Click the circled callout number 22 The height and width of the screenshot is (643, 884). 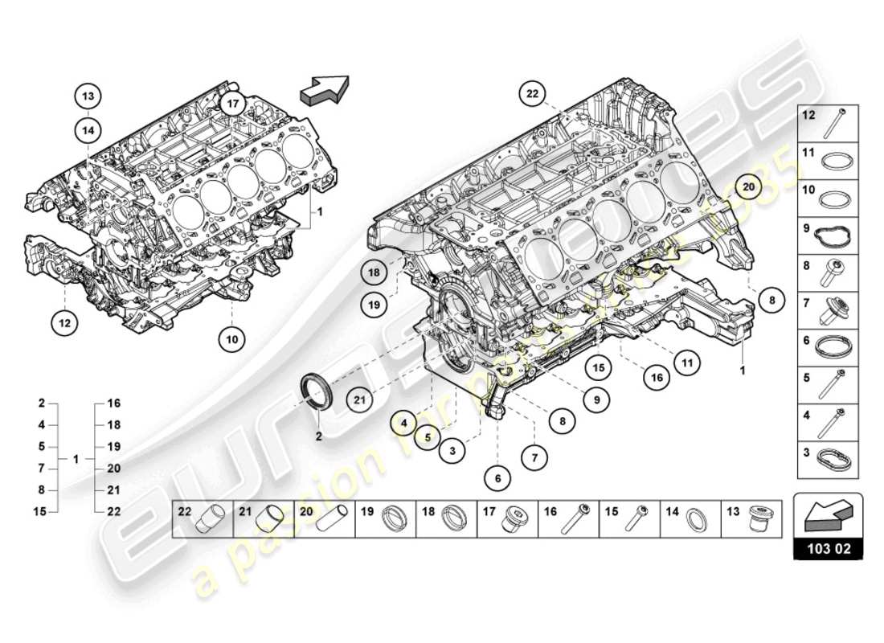pyautogui.click(x=531, y=94)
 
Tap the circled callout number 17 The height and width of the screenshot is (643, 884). pyautogui.click(x=233, y=104)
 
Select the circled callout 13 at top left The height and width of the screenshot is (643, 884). pyautogui.click(x=88, y=96)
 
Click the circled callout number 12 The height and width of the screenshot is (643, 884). pyautogui.click(x=64, y=323)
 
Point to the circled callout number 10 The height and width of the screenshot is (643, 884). pyautogui.click(x=231, y=339)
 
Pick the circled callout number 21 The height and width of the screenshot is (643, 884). pyautogui.click(x=361, y=396)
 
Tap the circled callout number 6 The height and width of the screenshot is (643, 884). pyautogui.click(x=497, y=478)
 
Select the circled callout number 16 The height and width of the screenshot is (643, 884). pyautogui.click(x=657, y=376)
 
